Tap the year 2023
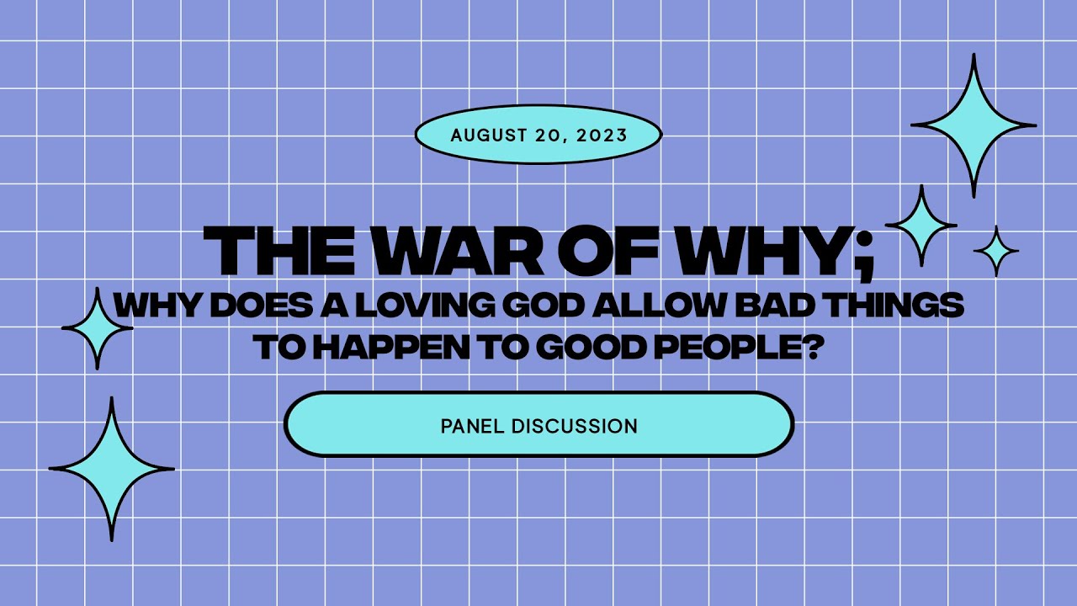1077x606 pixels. pyautogui.click(x=603, y=135)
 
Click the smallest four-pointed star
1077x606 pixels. pyautogui.click(x=996, y=251)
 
